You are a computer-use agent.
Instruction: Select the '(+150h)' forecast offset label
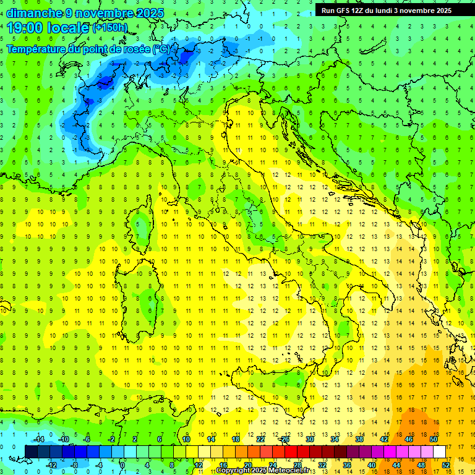109,28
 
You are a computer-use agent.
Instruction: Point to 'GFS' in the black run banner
344,11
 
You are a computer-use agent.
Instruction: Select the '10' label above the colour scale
186,439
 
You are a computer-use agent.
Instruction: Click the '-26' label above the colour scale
285,439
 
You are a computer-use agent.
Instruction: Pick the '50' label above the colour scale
433,439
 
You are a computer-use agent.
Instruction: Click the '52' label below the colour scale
446,465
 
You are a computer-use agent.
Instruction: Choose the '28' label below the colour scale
297,465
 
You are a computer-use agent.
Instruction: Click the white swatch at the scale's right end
439,452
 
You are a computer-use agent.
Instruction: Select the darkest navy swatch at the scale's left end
32,452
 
